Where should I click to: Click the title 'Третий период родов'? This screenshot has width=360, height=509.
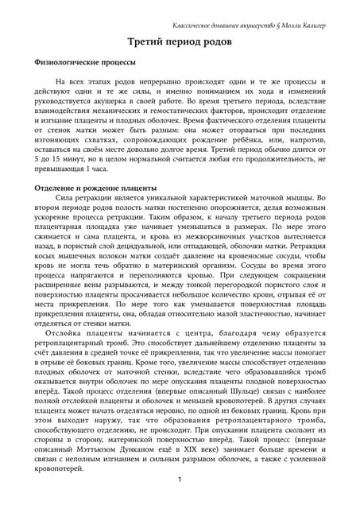click(180, 42)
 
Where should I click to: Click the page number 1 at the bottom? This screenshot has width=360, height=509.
click(180, 479)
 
